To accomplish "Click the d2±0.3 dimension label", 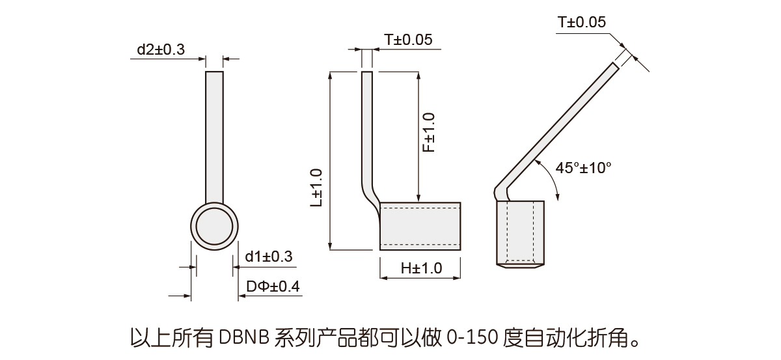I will coord(161,49).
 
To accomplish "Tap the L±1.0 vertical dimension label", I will coord(316,187).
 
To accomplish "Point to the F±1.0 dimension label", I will coord(428,132).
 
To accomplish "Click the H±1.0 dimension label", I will coord(421,268).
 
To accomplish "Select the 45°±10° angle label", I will coord(584,168).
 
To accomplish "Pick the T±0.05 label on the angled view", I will coord(582,22).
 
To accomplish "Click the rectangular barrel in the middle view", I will coord(420,226).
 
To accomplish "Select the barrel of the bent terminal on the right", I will coord(520,232).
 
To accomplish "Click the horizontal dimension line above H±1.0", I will coord(420,277).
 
